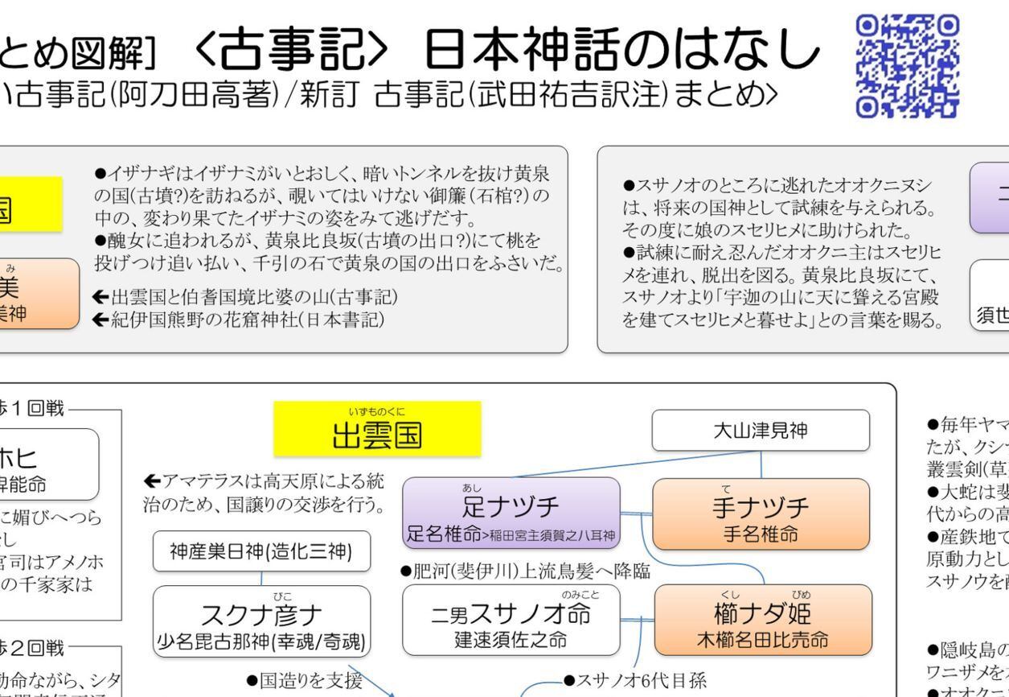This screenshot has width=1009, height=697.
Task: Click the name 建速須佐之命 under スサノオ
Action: (x=511, y=617)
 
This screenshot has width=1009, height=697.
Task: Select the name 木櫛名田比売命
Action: (x=762, y=617)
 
